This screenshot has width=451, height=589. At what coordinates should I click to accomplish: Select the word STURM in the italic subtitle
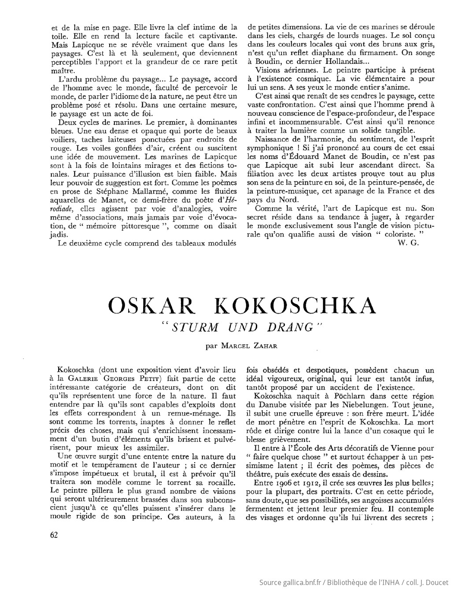coord(196,328)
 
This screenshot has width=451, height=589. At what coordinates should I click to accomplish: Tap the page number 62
coord(54,535)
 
